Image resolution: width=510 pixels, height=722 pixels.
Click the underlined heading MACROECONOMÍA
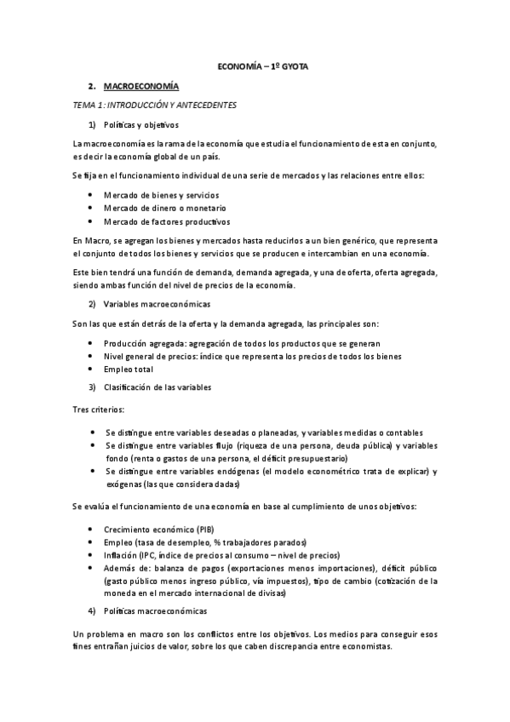coord(141,86)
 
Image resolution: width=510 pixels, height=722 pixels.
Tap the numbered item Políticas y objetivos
coord(141,123)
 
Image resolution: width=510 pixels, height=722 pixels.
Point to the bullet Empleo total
coord(129,370)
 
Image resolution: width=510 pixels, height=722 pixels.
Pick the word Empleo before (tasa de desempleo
coord(119,542)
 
